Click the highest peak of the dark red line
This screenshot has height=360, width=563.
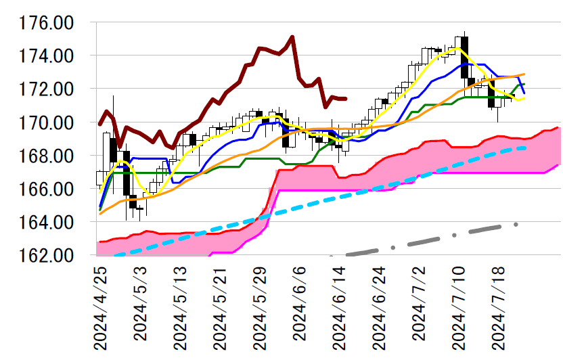click(x=292, y=37)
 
